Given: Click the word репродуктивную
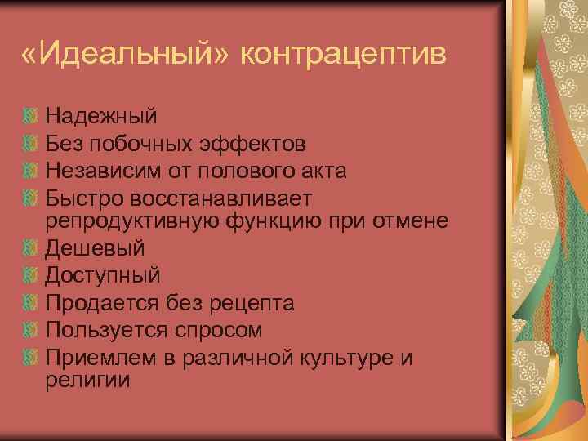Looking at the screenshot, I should pyautogui.click(x=130, y=221).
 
